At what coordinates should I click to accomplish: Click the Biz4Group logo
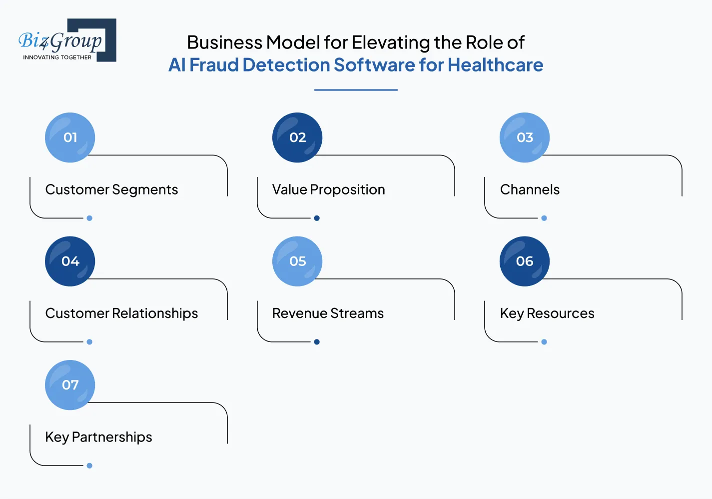[x=67, y=40]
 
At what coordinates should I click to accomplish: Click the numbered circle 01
[x=70, y=137]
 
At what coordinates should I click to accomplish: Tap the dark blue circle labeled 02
[x=297, y=137]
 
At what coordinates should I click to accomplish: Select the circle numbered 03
[x=525, y=137]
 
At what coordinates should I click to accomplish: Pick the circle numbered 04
[x=70, y=261]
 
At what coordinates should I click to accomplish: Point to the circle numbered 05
[x=297, y=261]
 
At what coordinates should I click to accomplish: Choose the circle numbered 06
[x=525, y=261]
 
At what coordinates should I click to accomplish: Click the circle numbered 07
[x=70, y=385]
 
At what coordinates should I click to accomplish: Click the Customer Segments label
[x=111, y=189]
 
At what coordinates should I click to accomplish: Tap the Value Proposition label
[x=328, y=189]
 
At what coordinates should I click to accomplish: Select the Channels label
[x=530, y=189]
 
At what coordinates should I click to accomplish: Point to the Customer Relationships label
[x=121, y=313]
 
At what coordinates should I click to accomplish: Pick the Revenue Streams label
[x=328, y=313]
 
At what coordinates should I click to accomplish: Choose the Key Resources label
[x=547, y=313]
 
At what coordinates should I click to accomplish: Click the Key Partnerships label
[x=98, y=437]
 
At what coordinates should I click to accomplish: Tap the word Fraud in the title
[x=214, y=65]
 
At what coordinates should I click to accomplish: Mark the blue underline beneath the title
[x=356, y=90]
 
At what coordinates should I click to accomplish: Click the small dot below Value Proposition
[x=317, y=218]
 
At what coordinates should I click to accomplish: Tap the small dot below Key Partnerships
[x=89, y=465]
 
